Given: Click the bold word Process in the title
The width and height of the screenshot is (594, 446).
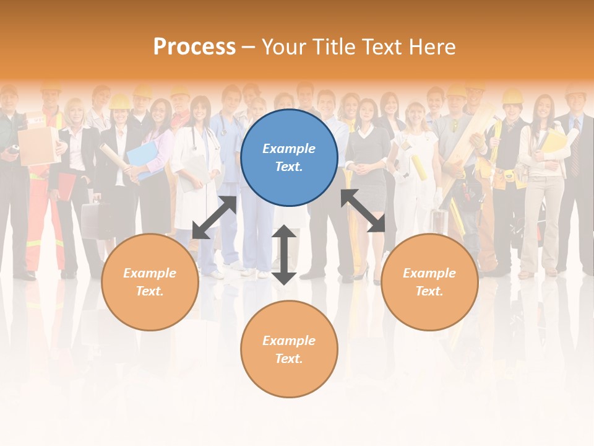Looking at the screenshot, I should click(x=194, y=47).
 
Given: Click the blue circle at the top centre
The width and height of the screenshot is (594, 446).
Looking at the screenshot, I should click(x=289, y=157).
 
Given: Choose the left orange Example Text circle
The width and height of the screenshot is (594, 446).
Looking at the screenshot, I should click(x=150, y=282).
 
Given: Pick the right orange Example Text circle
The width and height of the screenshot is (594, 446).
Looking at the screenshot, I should click(x=429, y=282).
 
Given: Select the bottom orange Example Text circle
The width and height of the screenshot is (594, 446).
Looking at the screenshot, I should click(x=289, y=349).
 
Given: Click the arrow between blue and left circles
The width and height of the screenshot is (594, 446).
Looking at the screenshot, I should click(x=214, y=217).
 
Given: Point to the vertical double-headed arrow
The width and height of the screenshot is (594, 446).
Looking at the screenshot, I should click(x=284, y=255).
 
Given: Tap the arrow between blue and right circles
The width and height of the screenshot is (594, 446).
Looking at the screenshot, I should click(x=363, y=211).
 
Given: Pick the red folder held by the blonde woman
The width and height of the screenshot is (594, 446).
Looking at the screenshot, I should click(x=66, y=186).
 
